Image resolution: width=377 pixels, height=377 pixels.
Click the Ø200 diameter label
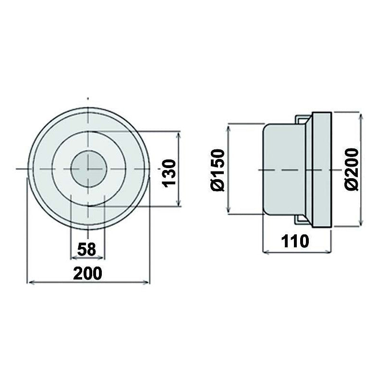click(352, 170)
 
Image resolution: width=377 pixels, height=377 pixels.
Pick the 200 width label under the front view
click(87, 273)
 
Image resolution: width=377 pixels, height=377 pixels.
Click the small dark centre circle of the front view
click(88, 169)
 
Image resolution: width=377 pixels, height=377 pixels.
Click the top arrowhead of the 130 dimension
click(179, 133)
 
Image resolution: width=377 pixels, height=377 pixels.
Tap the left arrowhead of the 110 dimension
click(266, 251)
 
